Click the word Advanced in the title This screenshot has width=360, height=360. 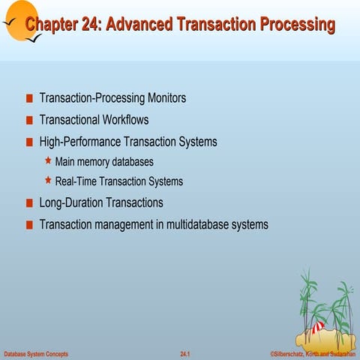tap(139, 24)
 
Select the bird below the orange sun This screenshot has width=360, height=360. tap(34, 39)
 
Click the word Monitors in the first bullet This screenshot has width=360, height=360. tap(166, 97)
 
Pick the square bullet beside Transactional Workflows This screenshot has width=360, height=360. tap(29, 120)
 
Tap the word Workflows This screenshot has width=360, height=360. tap(125, 119)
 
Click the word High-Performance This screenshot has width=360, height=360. tap(80, 142)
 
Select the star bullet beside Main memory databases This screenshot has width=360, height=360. tap(48, 160)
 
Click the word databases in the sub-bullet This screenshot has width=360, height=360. tap(133, 162)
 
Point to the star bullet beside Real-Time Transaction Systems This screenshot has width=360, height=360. tap(48, 180)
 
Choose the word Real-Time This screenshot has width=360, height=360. tap(76, 181)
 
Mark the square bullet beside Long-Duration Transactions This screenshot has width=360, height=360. tap(29, 203)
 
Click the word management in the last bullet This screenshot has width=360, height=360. tap(124, 225)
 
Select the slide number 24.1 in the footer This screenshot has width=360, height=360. tap(185, 354)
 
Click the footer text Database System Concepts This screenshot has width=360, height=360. tap(36, 354)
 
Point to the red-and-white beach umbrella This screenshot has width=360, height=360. tap(318, 327)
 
